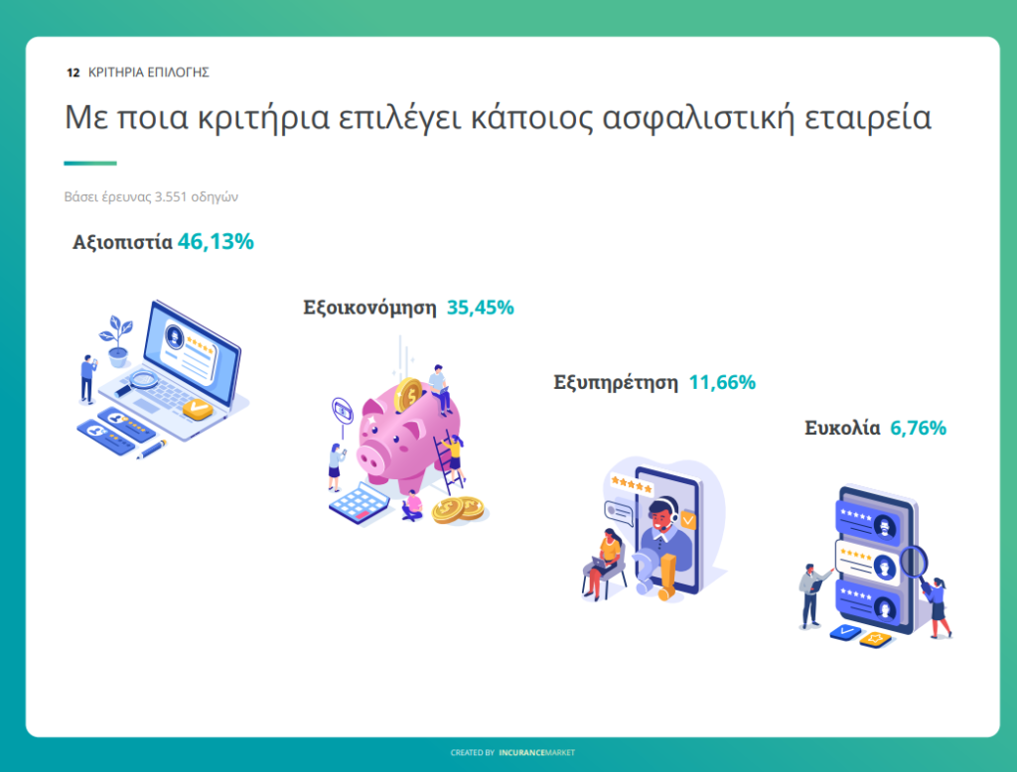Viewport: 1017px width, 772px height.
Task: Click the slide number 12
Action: [73, 72]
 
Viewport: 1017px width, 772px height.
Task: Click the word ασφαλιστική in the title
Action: [698, 119]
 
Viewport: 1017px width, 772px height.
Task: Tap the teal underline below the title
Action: [90, 163]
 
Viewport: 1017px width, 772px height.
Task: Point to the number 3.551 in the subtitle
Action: [171, 196]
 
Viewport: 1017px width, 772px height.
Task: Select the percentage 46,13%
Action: [216, 242]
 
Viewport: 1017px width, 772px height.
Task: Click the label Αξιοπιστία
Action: [122, 242]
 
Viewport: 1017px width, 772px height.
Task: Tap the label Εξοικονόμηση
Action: [369, 308]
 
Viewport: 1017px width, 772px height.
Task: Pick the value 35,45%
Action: [481, 308]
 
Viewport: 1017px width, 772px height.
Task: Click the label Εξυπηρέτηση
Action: [616, 383]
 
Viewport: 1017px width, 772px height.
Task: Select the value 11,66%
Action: [722, 382]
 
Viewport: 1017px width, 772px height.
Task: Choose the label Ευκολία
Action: [842, 428]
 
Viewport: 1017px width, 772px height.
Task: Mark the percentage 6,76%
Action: [919, 428]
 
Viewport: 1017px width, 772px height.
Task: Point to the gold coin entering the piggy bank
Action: [408, 394]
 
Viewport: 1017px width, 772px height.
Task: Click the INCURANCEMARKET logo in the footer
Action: [536, 752]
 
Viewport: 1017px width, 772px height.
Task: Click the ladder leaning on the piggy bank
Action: [450, 462]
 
